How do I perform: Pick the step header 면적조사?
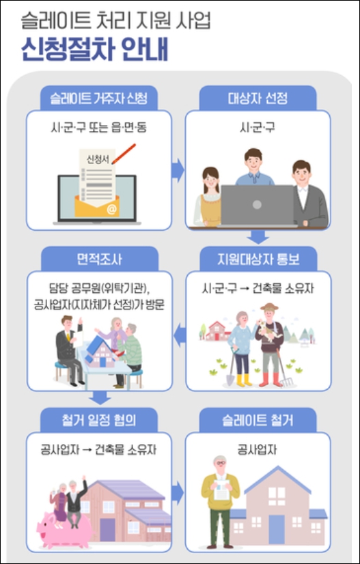tap(99, 259)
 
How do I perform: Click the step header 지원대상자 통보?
tap(258, 259)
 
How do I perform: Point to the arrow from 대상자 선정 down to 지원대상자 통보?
tap(258, 237)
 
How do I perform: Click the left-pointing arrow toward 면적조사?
tap(178, 333)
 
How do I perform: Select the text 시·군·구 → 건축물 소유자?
tap(258, 289)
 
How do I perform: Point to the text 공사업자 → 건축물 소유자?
tap(100, 450)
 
